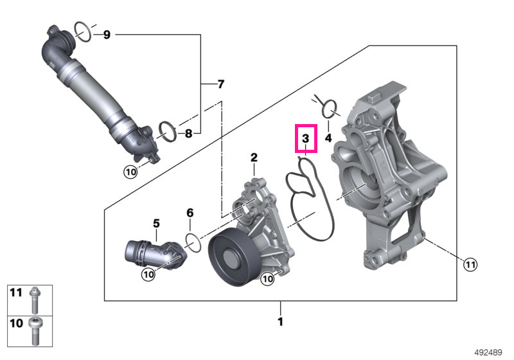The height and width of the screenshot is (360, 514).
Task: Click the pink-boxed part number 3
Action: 306,138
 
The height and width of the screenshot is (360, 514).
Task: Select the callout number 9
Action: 107,35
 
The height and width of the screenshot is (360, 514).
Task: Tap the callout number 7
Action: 221,84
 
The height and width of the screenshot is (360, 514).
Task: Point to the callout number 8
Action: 188,134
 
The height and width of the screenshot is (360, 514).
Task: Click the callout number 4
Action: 328,138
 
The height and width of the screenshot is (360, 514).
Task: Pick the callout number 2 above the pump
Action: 254,157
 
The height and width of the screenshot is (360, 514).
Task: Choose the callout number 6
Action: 190,213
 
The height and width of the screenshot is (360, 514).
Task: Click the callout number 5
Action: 156,224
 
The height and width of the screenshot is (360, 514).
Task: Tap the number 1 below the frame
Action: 280,321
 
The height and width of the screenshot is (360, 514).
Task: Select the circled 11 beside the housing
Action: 470,264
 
